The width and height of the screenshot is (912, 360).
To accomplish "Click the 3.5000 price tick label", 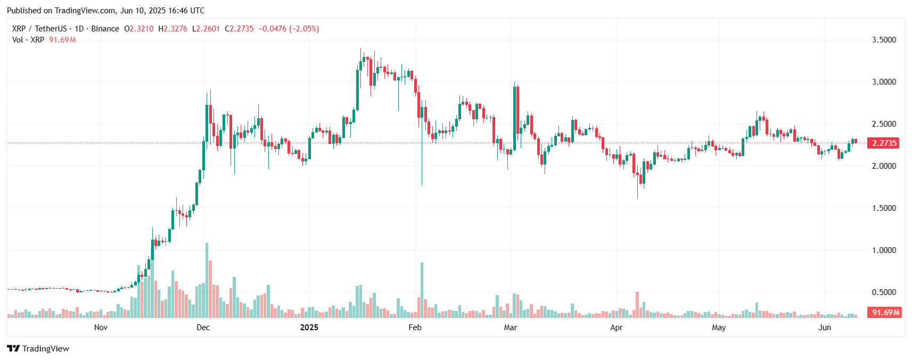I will click(883, 40).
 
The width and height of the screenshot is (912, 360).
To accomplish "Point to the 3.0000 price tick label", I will click(883, 82).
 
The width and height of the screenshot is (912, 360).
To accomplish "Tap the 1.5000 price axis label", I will click(883, 208).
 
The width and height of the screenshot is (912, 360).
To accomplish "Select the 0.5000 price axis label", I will click(883, 292).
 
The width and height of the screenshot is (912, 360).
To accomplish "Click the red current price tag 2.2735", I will click(884, 143).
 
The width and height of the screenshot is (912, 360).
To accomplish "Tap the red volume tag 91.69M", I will click(884, 313).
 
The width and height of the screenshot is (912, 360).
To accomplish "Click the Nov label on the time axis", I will click(101, 328).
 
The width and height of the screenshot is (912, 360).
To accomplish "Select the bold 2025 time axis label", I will click(309, 328).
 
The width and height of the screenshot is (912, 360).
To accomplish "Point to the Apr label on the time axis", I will click(616, 328).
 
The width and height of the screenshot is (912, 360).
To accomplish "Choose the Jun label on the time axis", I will click(824, 328).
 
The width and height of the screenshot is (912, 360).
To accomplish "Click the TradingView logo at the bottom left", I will click(38, 349).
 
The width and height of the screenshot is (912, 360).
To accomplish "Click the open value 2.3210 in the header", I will click(142, 29).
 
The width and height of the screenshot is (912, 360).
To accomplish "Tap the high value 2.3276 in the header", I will click(175, 29).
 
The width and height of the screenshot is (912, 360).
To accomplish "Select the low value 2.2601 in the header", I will click(208, 29).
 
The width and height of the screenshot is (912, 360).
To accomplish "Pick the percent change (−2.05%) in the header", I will click(304, 29).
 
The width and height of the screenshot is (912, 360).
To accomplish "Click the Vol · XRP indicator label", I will click(28, 40).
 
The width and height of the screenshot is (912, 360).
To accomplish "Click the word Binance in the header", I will click(105, 29).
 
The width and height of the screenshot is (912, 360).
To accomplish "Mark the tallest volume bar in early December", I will click(207, 280).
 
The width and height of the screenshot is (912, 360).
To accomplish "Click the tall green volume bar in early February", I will click(422, 290).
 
